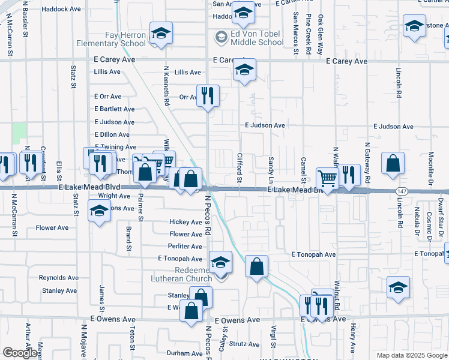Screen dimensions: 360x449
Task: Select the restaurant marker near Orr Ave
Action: (x=208, y=96)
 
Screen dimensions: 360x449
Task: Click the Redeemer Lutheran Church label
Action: (x=185, y=274)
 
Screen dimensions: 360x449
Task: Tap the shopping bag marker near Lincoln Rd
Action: (x=393, y=164)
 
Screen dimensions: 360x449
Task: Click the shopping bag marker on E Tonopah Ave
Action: (x=256, y=267)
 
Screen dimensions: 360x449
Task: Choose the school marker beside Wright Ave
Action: (x=100, y=211)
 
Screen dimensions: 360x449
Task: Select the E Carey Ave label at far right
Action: (x=346, y=61)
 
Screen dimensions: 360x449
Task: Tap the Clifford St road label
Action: (x=239, y=168)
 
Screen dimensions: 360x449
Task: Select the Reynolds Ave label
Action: (x=58, y=278)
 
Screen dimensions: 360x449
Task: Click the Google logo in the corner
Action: (x=20, y=353)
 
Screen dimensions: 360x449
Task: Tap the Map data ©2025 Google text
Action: (x=411, y=355)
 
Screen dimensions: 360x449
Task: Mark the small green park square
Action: (x=20, y=133)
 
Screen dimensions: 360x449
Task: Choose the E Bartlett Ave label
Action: (x=114, y=109)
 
